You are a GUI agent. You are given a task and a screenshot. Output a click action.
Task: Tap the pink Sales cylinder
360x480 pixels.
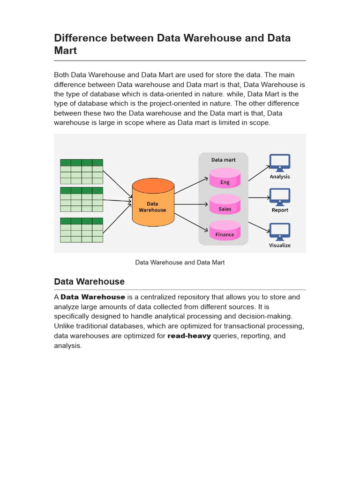[x=225, y=206]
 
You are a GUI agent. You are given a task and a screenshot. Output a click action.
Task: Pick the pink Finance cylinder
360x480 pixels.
[x=225, y=232]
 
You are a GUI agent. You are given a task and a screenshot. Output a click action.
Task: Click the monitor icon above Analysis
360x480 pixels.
[x=280, y=163]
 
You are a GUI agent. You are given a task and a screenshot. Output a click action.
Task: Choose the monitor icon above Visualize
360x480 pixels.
[x=280, y=232]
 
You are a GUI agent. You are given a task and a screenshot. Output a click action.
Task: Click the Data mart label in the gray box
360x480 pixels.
[x=224, y=160]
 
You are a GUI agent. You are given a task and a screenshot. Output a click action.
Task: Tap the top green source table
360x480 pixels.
[x=82, y=172]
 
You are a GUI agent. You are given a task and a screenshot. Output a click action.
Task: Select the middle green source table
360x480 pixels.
[x=82, y=200]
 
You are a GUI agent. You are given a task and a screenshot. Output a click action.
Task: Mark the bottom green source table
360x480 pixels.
[x=82, y=230]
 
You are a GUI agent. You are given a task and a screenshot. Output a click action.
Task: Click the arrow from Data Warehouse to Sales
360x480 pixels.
[x=191, y=204]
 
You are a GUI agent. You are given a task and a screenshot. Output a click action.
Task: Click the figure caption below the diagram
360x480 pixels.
[x=180, y=262]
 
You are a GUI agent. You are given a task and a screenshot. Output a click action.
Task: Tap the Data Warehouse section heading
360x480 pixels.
[x=90, y=282]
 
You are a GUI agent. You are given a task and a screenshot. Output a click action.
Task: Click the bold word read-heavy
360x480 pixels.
[x=189, y=336]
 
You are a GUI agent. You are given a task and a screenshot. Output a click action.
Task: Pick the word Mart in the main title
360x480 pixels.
[x=66, y=50]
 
